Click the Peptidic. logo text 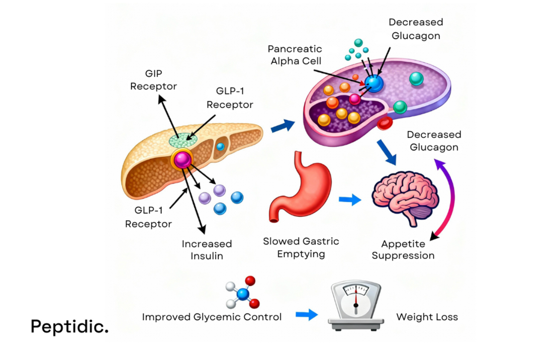click(69, 326)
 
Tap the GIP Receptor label click(153, 80)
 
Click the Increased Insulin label click(207, 250)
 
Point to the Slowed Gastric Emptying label click(301, 247)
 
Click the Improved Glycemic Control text click(212, 317)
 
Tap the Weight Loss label click(427, 317)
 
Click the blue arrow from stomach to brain click(350, 200)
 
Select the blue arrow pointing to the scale click(306, 315)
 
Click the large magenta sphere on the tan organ click(181, 159)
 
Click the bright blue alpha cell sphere click(374, 83)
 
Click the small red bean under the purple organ click(385, 123)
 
